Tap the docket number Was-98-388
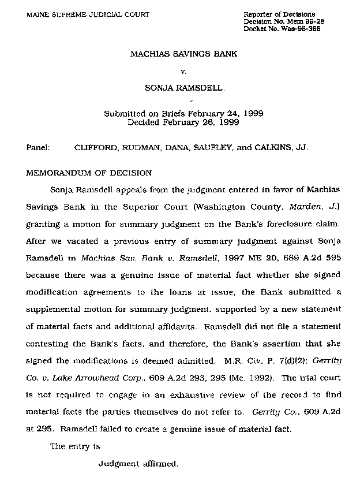(x=302, y=28)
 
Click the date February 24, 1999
(x=227, y=114)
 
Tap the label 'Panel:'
(x=39, y=147)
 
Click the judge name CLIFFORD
(x=95, y=147)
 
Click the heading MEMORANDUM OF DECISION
(x=89, y=173)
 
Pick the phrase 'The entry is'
(x=76, y=446)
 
